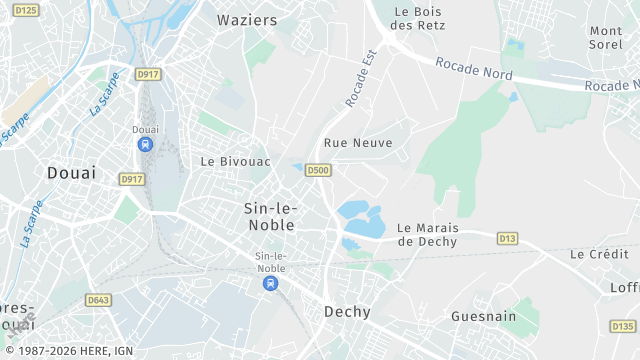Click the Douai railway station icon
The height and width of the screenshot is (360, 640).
click(x=145, y=145)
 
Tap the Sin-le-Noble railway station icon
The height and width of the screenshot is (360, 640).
click(x=270, y=284)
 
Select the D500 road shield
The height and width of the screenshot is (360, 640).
click(x=318, y=170)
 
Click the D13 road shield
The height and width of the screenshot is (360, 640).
click(x=507, y=238)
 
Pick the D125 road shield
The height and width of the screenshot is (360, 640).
click(x=26, y=10)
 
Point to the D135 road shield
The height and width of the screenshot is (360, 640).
click(x=622, y=326)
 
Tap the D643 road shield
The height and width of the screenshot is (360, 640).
click(x=98, y=299)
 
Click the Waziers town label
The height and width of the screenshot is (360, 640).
click(x=247, y=19)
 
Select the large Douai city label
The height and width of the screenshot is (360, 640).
click(x=72, y=173)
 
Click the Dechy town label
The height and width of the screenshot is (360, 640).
click(x=347, y=312)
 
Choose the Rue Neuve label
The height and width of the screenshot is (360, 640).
click(x=358, y=143)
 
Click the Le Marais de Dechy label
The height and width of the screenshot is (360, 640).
click(x=427, y=234)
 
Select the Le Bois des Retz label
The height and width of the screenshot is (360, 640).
click(x=418, y=18)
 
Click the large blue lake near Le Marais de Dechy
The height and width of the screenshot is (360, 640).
click(x=361, y=219)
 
